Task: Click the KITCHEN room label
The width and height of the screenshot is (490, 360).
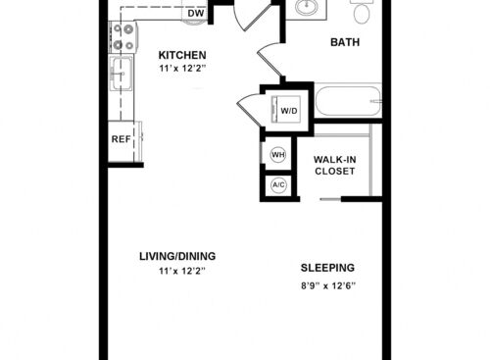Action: click(x=182, y=55)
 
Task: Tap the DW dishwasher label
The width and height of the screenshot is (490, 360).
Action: click(x=196, y=14)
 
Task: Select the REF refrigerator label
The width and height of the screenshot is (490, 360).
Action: click(x=121, y=139)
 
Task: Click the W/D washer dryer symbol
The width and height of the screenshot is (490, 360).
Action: click(x=285, y=110)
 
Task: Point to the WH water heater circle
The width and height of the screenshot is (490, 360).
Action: click(x=278, y=154)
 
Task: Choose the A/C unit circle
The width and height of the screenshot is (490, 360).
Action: click(x=278, y=185)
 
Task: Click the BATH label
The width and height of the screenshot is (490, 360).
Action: click(x=345, y=42)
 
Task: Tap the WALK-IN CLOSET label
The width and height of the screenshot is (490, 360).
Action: click(x=335, y=166)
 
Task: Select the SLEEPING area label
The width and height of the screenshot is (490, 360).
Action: click(x=327, y=268)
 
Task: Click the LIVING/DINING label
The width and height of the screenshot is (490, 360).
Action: click(x=177, y=256)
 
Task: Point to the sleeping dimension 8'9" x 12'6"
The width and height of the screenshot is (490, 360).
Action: click(x=328, y=286)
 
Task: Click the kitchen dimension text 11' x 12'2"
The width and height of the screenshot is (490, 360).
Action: click(x=182, y=69)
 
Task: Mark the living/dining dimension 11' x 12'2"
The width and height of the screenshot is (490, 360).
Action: click(x=182, y=271)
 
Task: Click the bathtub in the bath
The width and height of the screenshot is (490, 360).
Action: click(x=348, y=100)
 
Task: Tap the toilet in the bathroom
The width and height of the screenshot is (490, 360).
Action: click(x=362, y=11)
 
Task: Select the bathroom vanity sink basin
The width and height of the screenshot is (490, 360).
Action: click(x=307, y=7)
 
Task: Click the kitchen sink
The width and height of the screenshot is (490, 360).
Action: click(x=121, y=74)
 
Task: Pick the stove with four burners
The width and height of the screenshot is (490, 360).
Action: click(x=123, y=36)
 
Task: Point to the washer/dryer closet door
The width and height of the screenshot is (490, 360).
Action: click(x=250, y=109)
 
